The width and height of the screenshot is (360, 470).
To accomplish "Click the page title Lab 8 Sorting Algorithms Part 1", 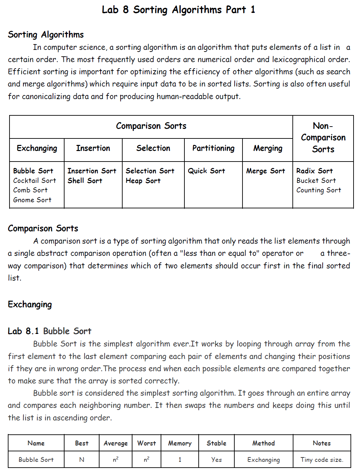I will [x=178, y=10].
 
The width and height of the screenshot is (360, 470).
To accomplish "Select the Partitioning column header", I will [x=213, y=148].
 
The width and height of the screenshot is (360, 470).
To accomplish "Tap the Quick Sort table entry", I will [x=206, y=171].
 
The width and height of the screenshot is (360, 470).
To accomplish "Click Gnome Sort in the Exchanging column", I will [x=32, y=200].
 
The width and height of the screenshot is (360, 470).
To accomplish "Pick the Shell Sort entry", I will [x=85, y=181].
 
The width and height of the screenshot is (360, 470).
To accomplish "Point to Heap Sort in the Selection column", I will [x=143, y=181].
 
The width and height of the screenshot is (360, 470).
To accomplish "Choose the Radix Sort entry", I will [x=314, y=171].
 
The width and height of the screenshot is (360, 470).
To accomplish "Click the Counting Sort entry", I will [x=319, y=190].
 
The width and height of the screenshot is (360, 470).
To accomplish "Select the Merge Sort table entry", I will [x=266, y=171].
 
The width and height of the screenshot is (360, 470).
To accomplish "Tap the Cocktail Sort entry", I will [x=35, y=181].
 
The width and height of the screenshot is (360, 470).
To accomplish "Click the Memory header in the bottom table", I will [x=180, y=443].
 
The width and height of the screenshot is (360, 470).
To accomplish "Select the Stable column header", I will [x=216, y=443].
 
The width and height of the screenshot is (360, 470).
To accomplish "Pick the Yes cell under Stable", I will [x=216, y=460].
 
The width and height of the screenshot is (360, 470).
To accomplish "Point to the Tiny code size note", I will [x=322, y=460].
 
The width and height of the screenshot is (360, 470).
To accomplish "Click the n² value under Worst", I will [x=146, y=459].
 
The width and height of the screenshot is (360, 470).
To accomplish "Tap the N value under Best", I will [x=82, y=460].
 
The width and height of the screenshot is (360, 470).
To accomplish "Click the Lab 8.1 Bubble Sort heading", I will [x=50, y=331].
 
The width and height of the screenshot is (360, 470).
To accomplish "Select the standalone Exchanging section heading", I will [x=30, y=305].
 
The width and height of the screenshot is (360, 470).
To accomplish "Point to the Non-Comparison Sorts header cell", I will [x=323, y=137].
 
